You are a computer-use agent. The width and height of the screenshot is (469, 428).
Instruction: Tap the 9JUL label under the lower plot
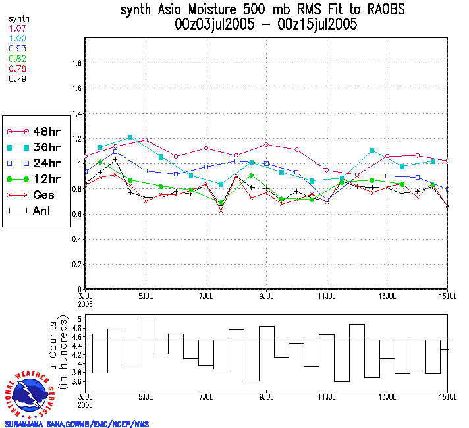(x=267, y=397)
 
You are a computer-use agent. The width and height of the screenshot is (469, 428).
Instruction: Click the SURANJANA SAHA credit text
(x=77, y=423)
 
